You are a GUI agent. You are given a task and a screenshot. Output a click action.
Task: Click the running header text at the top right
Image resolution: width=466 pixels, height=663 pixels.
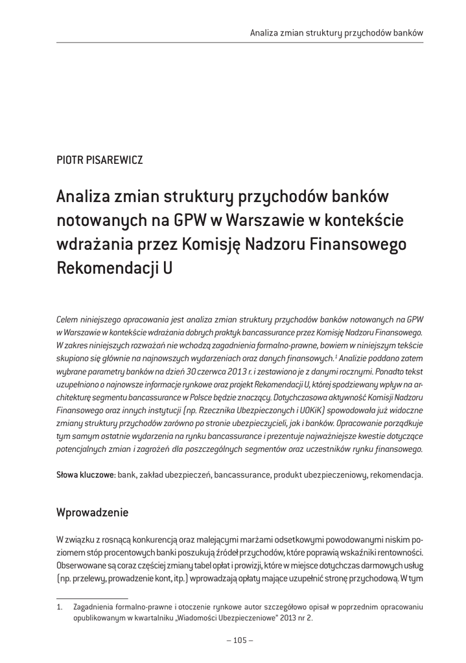[336, 32]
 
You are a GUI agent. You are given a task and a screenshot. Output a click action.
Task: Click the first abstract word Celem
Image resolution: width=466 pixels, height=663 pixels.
[67, 319]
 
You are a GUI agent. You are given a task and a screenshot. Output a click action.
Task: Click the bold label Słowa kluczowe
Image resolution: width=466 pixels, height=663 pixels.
[86, 475]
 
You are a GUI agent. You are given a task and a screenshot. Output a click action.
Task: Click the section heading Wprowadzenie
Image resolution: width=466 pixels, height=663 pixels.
[93, 513]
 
